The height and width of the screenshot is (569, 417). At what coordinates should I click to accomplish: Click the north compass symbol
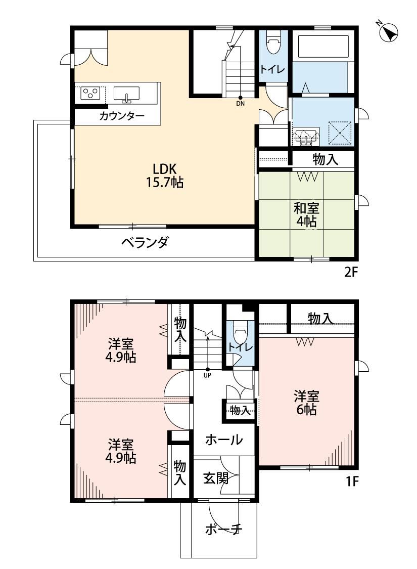tap(388, 32)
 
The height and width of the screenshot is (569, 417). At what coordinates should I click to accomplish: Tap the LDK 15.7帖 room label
tap(164, 176)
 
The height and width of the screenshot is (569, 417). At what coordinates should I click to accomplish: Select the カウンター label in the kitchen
tap(121, 116)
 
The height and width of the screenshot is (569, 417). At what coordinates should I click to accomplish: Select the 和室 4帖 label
tap(306, 214)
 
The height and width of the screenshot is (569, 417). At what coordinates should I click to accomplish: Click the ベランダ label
tap(145, 242)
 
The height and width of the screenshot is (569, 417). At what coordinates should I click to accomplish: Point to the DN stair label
tap(241, 103)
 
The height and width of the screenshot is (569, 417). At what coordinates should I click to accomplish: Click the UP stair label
tap(207, 376)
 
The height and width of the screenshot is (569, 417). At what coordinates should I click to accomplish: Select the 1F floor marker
tap(352, 481)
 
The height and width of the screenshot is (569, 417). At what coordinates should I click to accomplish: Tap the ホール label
tap(224, 440)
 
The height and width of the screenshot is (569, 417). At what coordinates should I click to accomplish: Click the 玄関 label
tap(216, 478)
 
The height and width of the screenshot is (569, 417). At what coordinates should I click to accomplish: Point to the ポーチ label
tap(223, 530)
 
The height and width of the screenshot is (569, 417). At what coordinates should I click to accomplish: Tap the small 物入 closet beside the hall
tap(240, 411)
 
